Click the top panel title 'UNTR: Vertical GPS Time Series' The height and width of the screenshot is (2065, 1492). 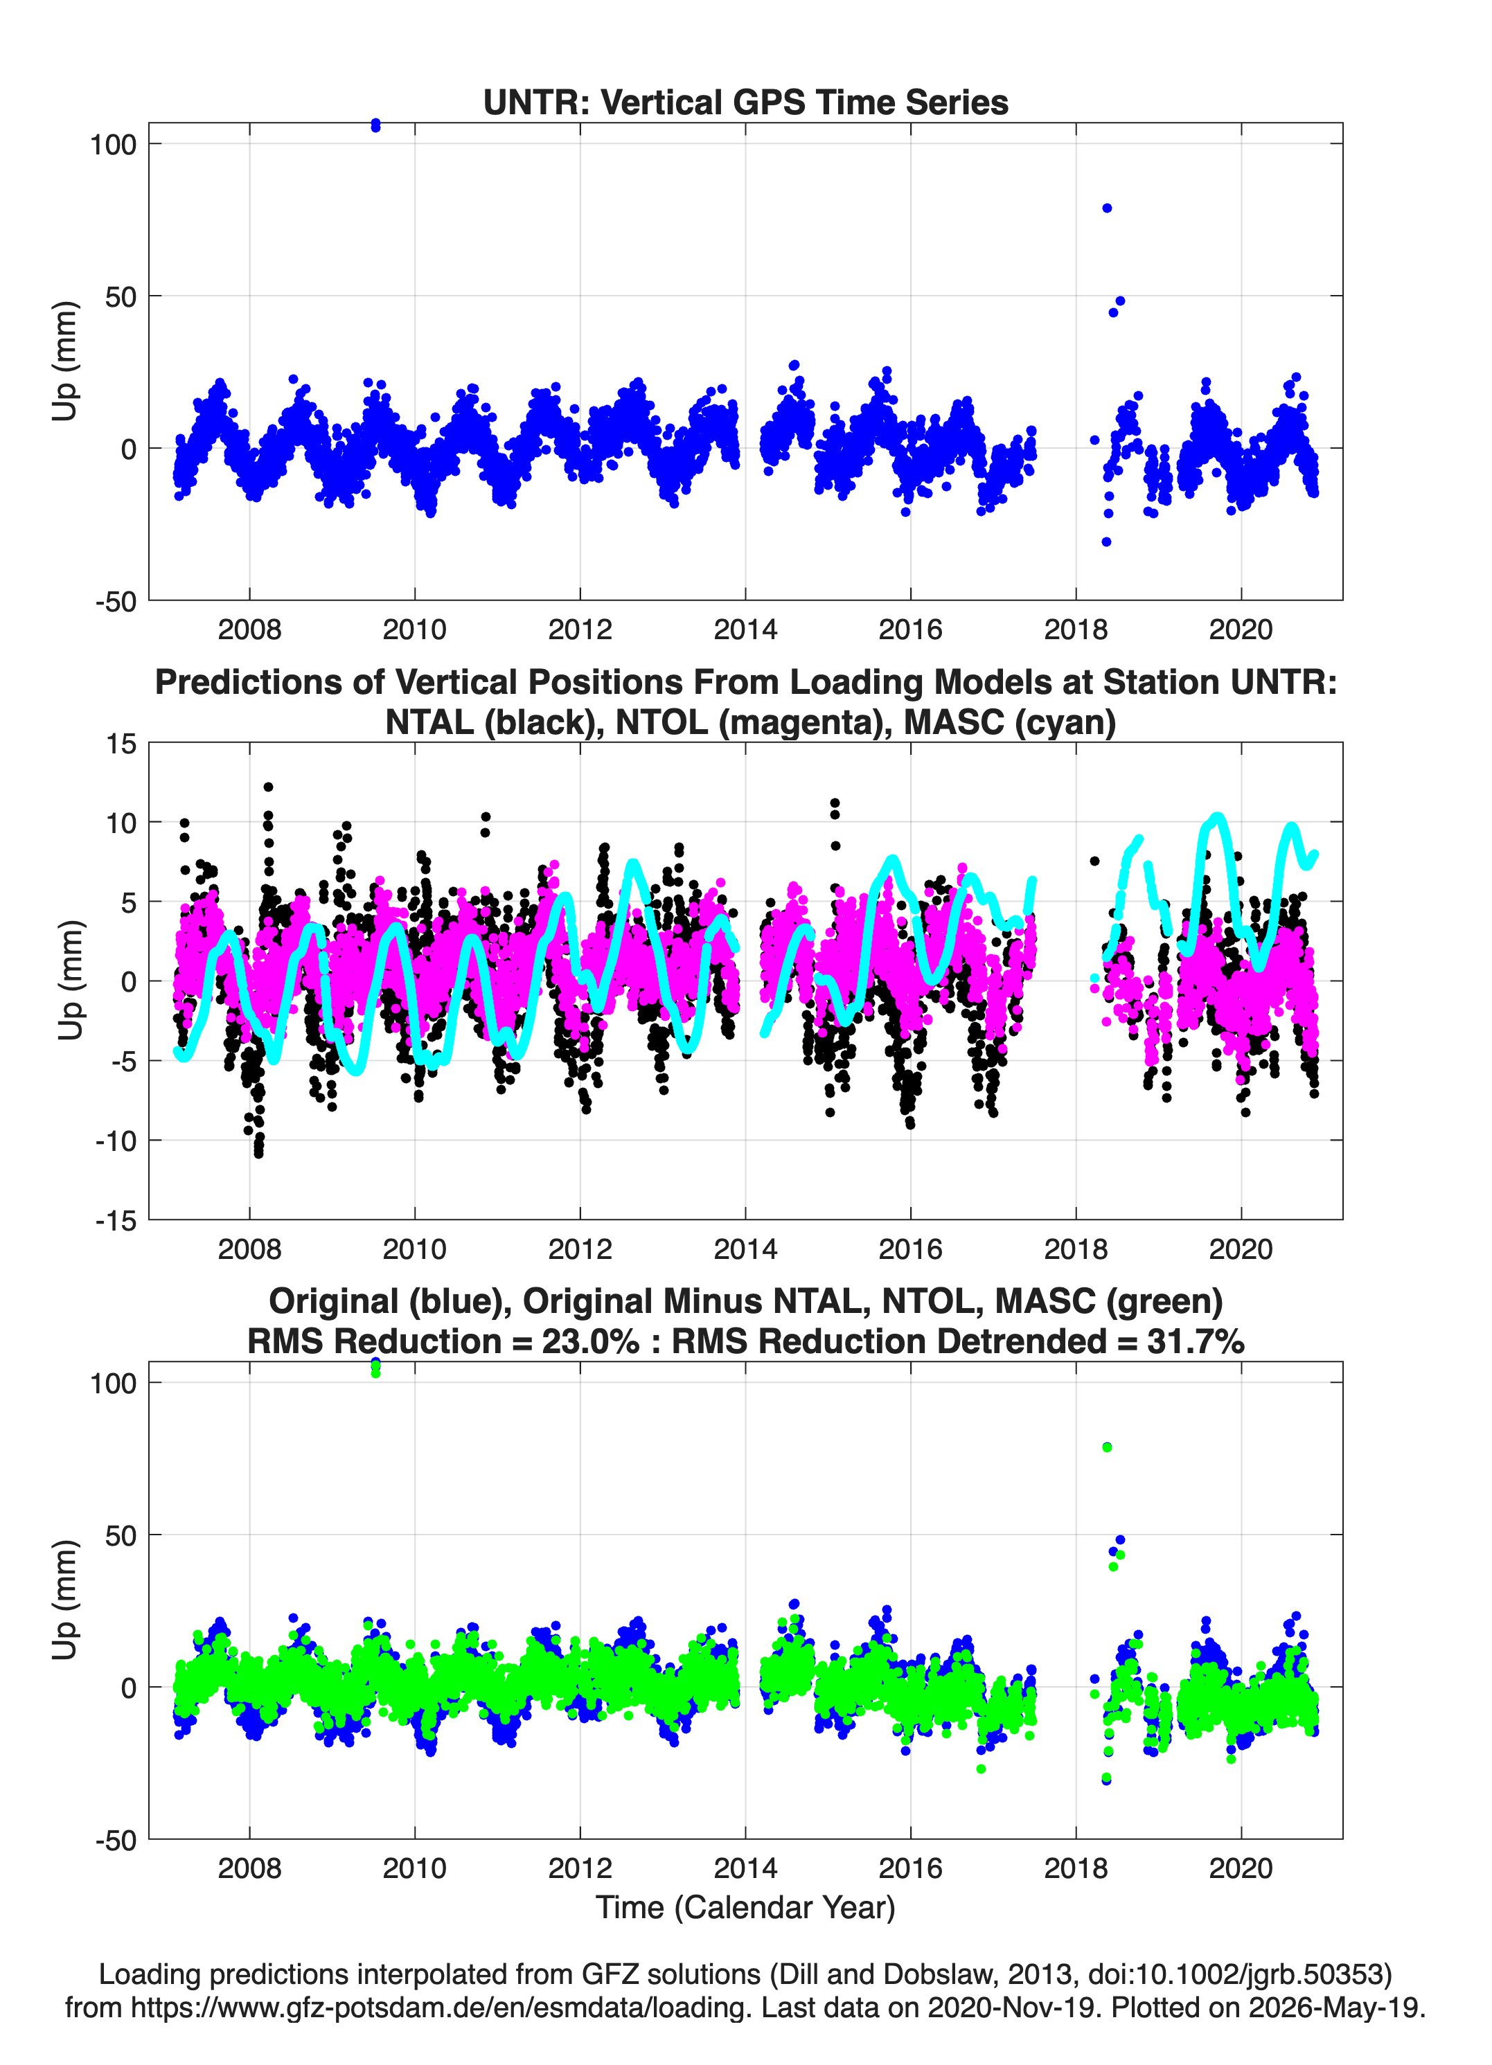[745, 102]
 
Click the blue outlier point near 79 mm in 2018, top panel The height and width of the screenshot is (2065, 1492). [1107, 208]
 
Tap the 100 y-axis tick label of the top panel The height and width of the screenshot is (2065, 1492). [113, 144]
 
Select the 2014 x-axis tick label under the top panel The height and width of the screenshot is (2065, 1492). [745, 629]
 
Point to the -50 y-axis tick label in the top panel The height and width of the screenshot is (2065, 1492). [116, 602]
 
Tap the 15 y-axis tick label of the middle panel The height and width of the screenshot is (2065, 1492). [121, 744]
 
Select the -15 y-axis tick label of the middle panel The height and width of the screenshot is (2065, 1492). [116, 1221]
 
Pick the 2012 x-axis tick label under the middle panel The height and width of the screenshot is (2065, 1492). [580, 1249]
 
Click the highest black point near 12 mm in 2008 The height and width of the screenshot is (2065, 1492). [268, 787]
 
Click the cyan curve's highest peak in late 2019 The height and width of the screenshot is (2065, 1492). [1218, 818]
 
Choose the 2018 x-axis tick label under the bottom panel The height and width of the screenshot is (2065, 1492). [1076, 1868]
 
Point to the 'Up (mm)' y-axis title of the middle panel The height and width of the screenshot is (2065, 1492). [69, 981]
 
